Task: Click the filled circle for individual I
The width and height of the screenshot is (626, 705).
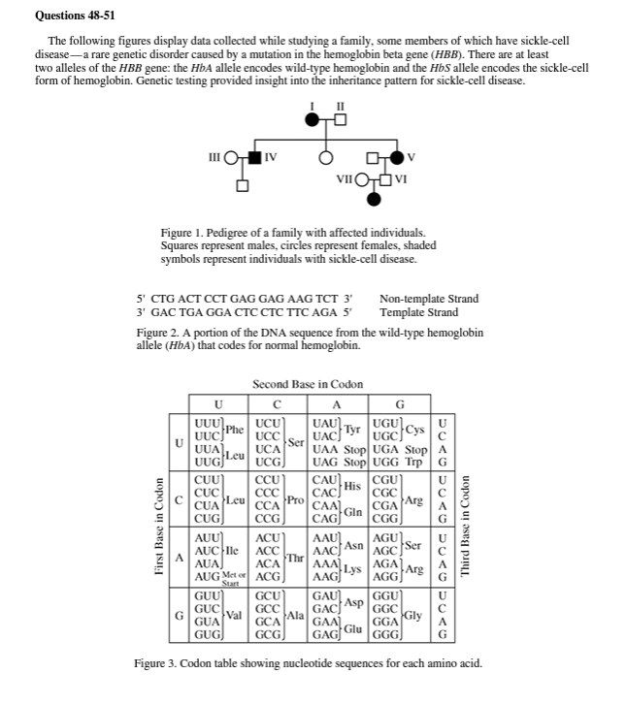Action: (x=313, y=120)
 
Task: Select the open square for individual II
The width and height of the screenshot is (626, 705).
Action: (x=339, y=120)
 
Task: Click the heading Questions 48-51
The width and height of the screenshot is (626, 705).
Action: (x=74, y=16)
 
